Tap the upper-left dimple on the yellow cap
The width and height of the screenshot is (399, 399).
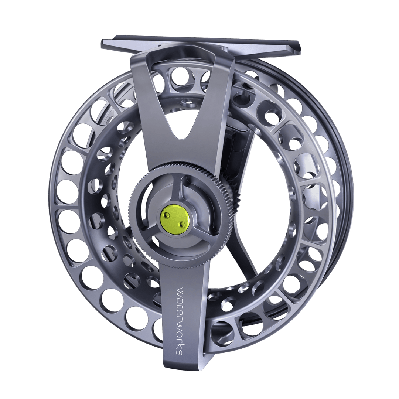[x=167, y=213]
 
